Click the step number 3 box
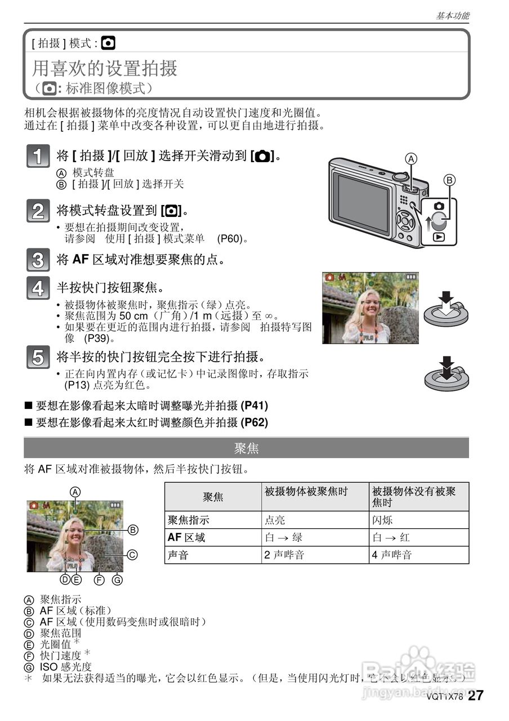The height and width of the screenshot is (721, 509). (x=37, y=261)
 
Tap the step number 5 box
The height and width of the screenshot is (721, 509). (x=37, y=358)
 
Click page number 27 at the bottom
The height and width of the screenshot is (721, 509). (x=476, y=696)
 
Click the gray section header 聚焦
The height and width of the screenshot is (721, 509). (x=246, y=448)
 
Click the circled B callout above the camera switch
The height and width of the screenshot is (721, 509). (x=449, y=180)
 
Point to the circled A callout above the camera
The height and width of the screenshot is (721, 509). (x=412, y=159)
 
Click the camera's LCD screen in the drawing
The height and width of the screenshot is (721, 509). (x=361, y=203)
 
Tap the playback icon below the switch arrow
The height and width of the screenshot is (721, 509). (x=439, y=238)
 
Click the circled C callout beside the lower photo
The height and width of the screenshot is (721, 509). (x=132, y=555)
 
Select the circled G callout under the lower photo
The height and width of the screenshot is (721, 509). (x=117, y=580)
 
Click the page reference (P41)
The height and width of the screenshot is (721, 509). (x=254, y=406)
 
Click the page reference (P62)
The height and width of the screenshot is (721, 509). (x=254, y=422)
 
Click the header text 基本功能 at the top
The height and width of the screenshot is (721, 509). (x=452, y=16)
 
